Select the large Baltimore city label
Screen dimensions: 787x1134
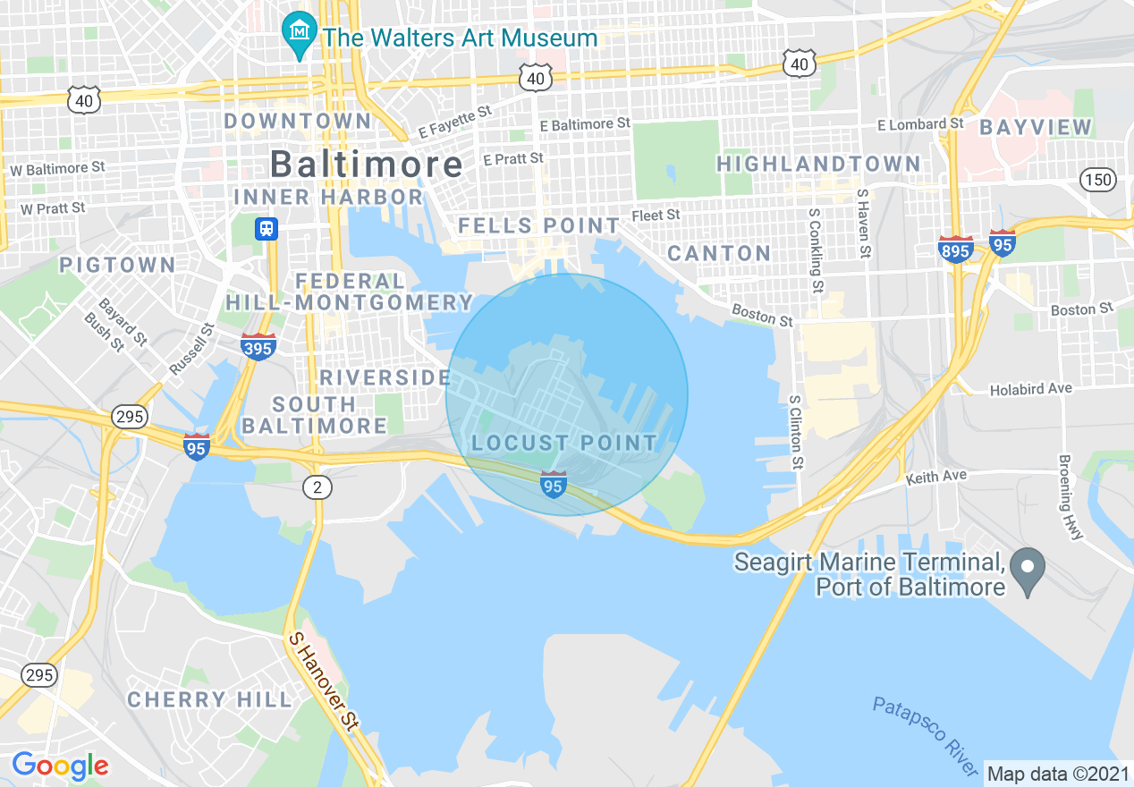(x=367, y=165)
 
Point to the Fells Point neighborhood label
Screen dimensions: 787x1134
(x=538, y=225)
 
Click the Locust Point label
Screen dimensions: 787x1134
(x=564, y=443)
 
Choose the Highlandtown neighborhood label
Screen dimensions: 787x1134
(x=818, y=164)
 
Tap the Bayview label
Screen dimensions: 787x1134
(x=1036, y=127)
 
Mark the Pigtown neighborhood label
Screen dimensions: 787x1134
(x=118, y=265)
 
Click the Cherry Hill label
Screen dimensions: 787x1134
(x=209, y=699)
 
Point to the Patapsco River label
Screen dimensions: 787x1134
(x=926, y=737)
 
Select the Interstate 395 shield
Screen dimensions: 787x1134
(x=258, y=347)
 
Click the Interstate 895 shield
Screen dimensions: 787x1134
(x=956, y=250)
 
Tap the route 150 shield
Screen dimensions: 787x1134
(x=1097, y=180)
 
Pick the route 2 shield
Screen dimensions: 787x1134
(x=316, y=487)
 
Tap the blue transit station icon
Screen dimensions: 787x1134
(x=266, y=229)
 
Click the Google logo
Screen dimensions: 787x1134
(x=60, y=766)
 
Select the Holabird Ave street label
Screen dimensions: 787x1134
(x=1030, y=389)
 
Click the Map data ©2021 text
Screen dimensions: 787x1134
(x=1057, y=773)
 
